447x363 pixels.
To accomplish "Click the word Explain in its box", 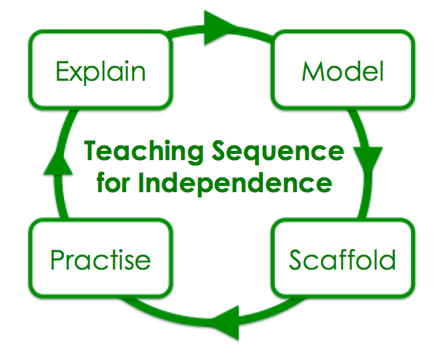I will pyautogui.click(x=101, y=71).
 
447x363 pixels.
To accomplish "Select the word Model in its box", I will pyautogui.click(x=343, y=71).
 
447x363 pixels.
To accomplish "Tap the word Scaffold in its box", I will pyautogui.click(x=342, y=260).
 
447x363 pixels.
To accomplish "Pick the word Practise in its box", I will pyautogui.click(x=100, y=260).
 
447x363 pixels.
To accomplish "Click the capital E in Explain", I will pyautogui.click(x=63, y=71).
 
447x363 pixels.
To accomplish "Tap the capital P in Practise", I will pyautogui.click(x=58, y=259).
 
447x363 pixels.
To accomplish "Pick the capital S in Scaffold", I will pyautogui.click(x=297, y=260).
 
